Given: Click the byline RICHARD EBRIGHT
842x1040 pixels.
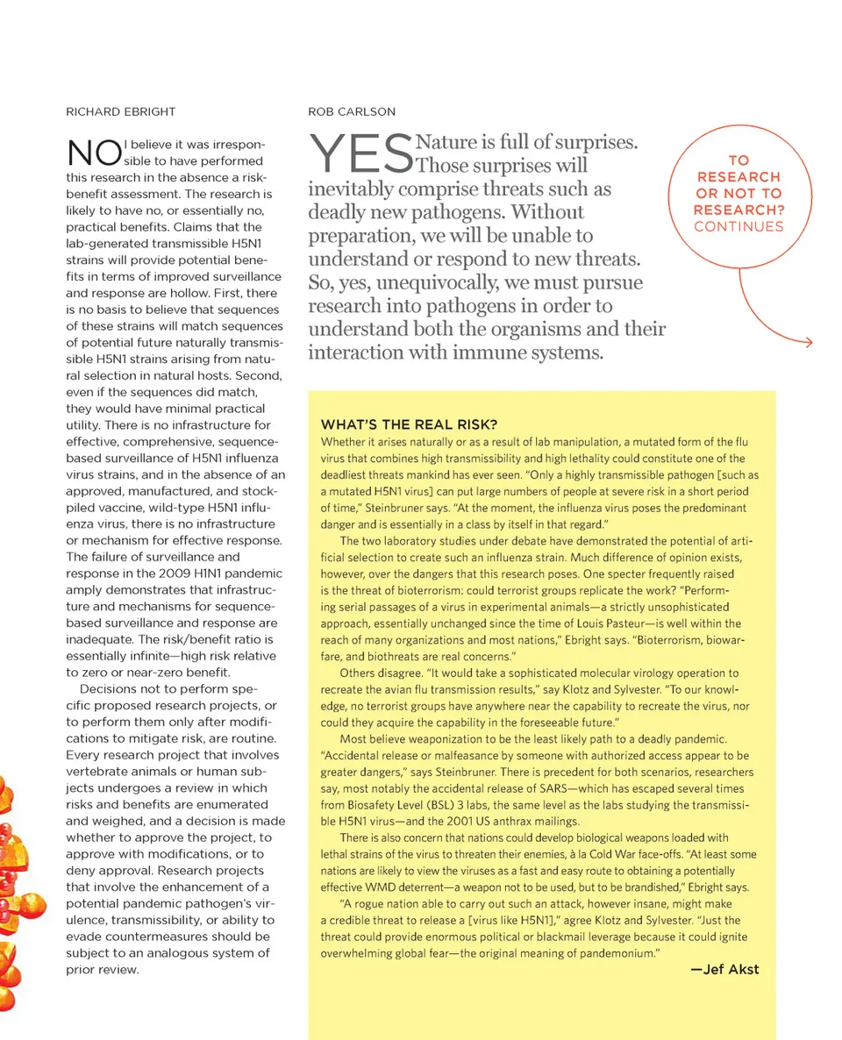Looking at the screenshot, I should pos(120,111).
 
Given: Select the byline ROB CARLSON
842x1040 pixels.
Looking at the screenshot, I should pos(351,111).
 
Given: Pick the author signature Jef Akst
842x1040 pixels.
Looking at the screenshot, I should pos(724,969).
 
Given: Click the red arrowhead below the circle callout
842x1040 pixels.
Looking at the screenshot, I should pos(806,342).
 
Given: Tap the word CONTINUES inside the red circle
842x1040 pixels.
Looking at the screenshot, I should pos(739,226).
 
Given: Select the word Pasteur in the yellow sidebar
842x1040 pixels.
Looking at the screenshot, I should pos(575,623).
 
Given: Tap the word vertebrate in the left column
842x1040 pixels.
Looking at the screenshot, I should pos(96,771).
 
